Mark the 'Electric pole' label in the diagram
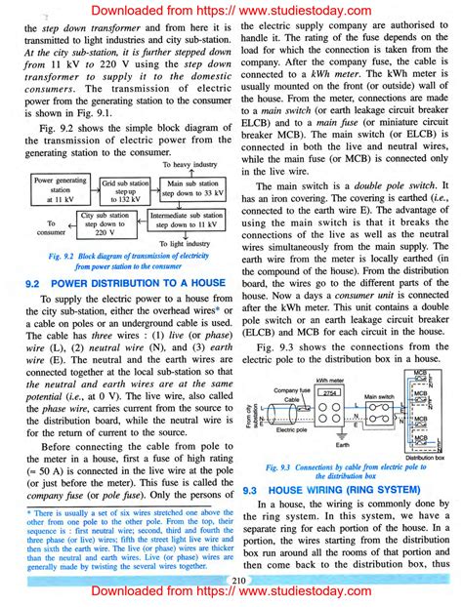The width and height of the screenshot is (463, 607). click(293, 429)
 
